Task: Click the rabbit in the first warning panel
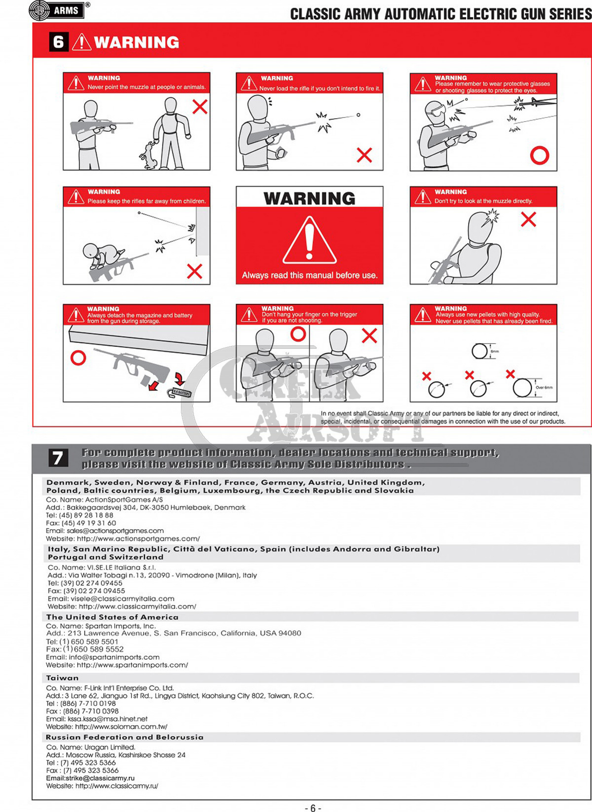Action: click(148, 155)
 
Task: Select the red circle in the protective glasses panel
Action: click(539, 156)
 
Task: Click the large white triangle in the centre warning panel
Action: click(309, 240)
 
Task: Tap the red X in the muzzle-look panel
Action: click(528, 219)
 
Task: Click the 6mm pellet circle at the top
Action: click(479, 351)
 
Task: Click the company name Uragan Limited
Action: click(110, 747)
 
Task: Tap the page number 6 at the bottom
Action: click(313, 808)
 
